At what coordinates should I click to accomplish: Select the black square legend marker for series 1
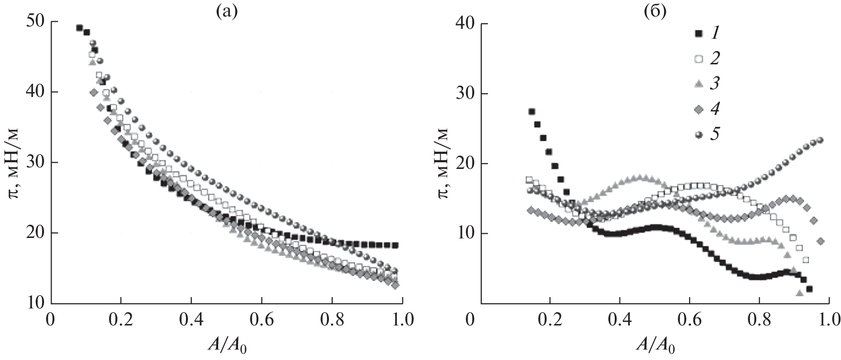tap(698, 34)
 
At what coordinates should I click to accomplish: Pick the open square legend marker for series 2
tap(698, 59)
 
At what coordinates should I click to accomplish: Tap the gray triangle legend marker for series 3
tap(698, 84)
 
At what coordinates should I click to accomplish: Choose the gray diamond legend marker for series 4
tap(698, 109)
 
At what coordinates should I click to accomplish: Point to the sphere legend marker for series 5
tap(698, 134)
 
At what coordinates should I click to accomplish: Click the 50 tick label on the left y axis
tap(36, 22)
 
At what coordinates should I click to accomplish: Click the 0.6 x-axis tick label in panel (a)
tap(262, 320)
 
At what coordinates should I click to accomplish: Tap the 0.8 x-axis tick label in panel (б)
tap(759, 320)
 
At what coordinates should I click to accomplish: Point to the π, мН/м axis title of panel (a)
tap(14, 163)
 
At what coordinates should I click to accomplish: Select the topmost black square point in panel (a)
tap(80, 28)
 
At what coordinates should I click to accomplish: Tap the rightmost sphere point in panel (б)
tap(821, 140)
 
